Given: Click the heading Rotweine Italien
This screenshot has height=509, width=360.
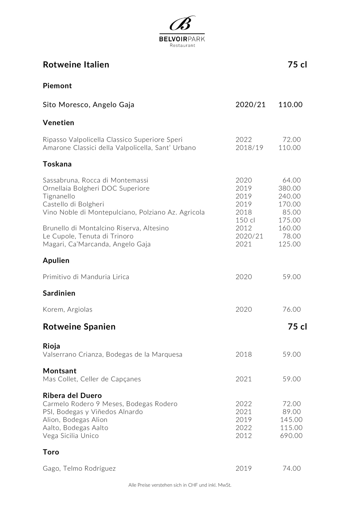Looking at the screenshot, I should click(76, 65).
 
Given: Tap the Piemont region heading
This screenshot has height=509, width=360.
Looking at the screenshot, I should click(57, 86).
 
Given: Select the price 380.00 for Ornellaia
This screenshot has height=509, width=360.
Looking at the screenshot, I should click(289, 188).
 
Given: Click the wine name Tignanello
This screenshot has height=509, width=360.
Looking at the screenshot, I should click(59, 196).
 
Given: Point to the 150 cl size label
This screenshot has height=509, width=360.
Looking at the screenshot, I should click(245, 220).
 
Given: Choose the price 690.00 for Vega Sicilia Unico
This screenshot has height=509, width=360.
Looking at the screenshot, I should click(291, 436).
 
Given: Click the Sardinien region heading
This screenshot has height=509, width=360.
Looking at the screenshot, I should click(59, 293).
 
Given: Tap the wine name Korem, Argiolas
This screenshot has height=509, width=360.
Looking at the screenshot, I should click(67, 309).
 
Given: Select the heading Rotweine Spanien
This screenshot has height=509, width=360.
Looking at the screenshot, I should click(79, 327).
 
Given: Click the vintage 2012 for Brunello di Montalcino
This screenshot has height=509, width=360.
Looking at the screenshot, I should click(244, 228).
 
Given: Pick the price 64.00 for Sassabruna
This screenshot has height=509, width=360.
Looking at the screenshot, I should click(292, 180).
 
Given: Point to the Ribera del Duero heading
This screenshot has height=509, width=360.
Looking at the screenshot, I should click(72, 395).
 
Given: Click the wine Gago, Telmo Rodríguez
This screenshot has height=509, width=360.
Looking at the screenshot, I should click(79, 468).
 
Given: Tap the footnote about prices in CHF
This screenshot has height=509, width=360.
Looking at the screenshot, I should click(180, 485).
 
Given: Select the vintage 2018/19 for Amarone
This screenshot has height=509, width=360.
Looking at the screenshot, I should click(249, 148).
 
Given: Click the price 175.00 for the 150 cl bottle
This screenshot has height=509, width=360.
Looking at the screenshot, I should click(289, 220).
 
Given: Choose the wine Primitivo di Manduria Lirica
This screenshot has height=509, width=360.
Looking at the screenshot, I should click(86, 277).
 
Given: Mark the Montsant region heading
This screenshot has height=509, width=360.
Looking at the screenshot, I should click(60, 371).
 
